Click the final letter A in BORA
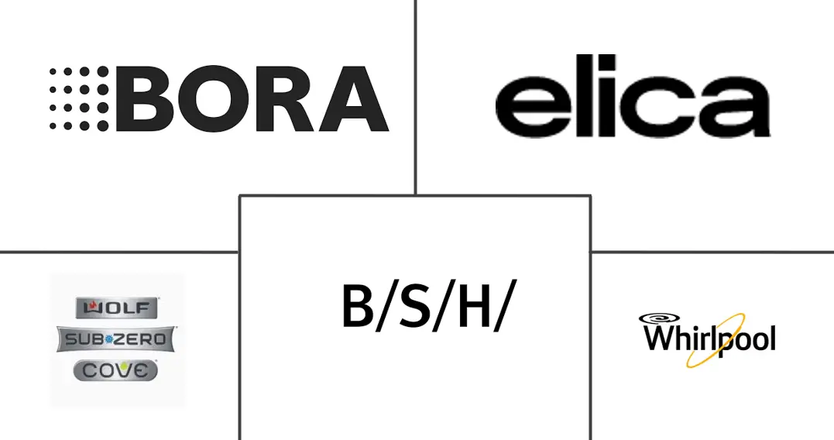pyautogui.click(x=351, y=98)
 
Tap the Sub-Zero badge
pyautogui.click(x=116, y=339)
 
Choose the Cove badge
pyautogui.click(x=116, y=370)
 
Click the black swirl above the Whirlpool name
pyautogui.click(x=661, y=318)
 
